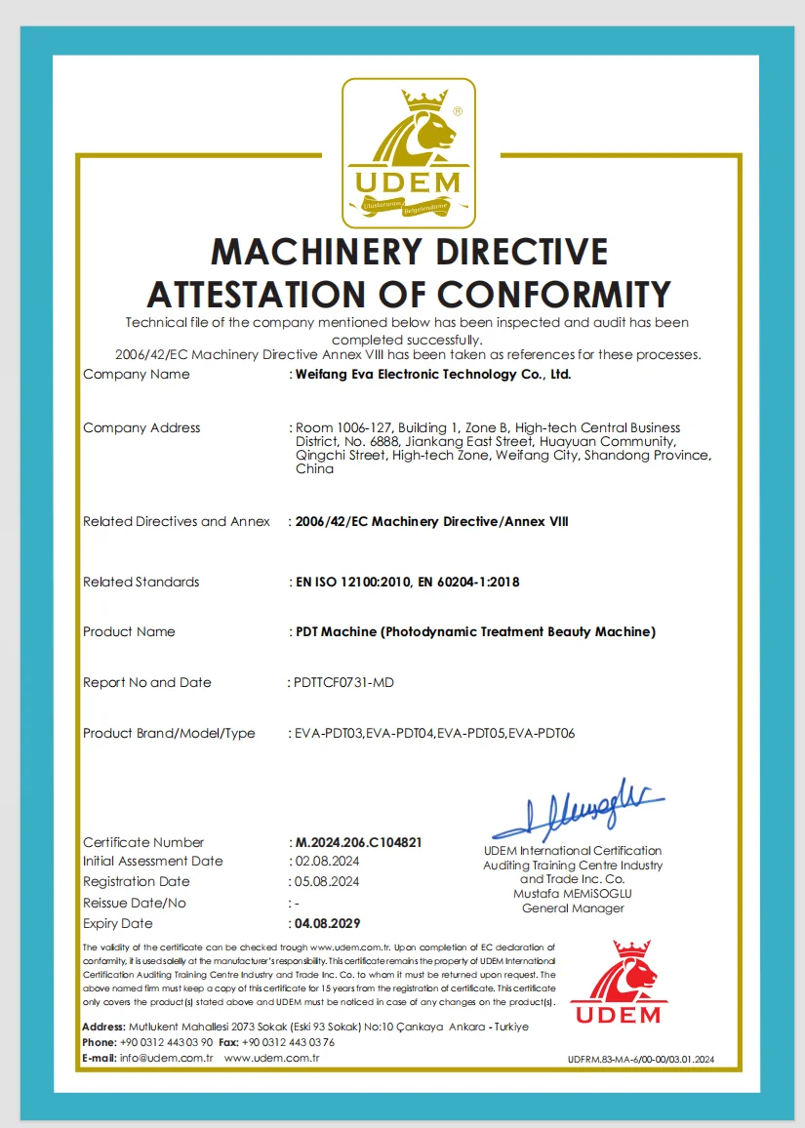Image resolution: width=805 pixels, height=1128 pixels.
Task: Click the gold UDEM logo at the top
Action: point(408,153)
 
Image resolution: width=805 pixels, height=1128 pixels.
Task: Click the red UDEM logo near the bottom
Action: point(616,983)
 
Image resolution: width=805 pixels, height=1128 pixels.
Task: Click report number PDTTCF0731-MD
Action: point(343,683)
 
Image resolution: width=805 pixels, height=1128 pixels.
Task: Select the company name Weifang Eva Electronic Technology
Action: point(432,374)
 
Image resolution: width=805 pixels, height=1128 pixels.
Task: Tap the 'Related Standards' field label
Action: point(141,583)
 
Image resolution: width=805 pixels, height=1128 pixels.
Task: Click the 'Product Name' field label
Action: point(129,632)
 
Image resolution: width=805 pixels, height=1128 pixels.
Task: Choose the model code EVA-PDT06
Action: point(543,734)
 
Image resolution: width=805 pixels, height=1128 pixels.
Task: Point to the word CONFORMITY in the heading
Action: point(554,294)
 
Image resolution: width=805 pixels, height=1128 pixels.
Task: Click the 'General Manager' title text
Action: point(573,908)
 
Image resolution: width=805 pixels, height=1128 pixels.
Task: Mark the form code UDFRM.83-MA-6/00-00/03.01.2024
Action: point(641,1060)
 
